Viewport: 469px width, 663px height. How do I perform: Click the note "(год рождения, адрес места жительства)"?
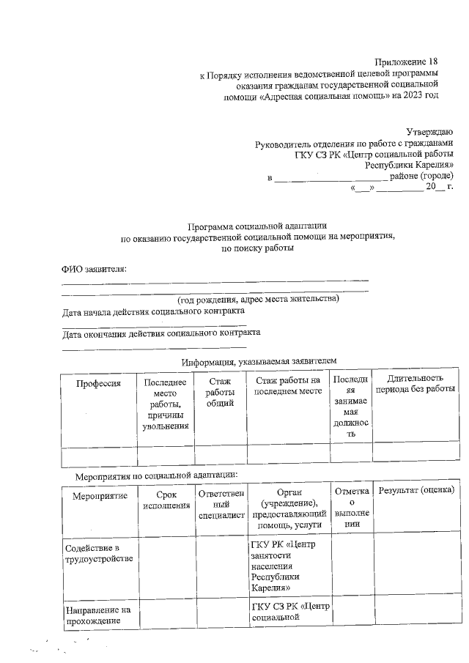[x=258, y=300]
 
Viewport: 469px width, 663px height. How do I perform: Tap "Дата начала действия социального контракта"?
[x=153, y=311]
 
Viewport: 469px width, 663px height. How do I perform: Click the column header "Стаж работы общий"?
[x=221, y=392]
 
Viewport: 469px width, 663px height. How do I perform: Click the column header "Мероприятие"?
[x=100, y=497]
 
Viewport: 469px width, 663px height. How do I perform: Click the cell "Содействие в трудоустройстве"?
[x=98, y=554]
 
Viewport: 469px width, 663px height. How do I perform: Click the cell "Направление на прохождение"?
[x=97, y=616]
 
